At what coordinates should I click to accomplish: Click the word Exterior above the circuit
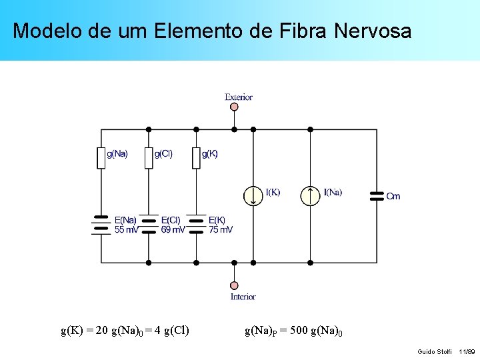click(239, 97)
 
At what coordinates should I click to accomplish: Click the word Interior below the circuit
click(243, 297)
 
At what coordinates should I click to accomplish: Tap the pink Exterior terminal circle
click(234, 107)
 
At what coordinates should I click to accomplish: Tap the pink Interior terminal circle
click(234, 285)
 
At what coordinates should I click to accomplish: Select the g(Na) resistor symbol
click(101, 158)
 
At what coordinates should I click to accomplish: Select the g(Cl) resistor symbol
click(149, 158)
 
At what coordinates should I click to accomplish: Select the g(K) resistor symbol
click(196, 158)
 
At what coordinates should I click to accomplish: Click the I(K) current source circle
click(253, 195)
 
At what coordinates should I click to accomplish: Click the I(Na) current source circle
click(310, 195)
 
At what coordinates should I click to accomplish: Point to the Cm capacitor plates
click(377, 195)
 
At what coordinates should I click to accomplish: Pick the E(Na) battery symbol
click(101, 225)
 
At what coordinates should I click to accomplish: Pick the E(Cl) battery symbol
click(149, 225)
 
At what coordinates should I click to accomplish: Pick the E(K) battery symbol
click(196, 225)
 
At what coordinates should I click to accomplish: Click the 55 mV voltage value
click(127, 230)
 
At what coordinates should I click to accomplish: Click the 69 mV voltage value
click(173, 230)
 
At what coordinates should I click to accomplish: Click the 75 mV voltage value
click(221, 230)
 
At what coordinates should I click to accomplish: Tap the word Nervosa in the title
click(373, 31)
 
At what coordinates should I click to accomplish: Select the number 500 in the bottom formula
click(309, 329)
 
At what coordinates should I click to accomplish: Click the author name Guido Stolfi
click(435, 351)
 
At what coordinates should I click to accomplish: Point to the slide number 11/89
click(467, 351)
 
